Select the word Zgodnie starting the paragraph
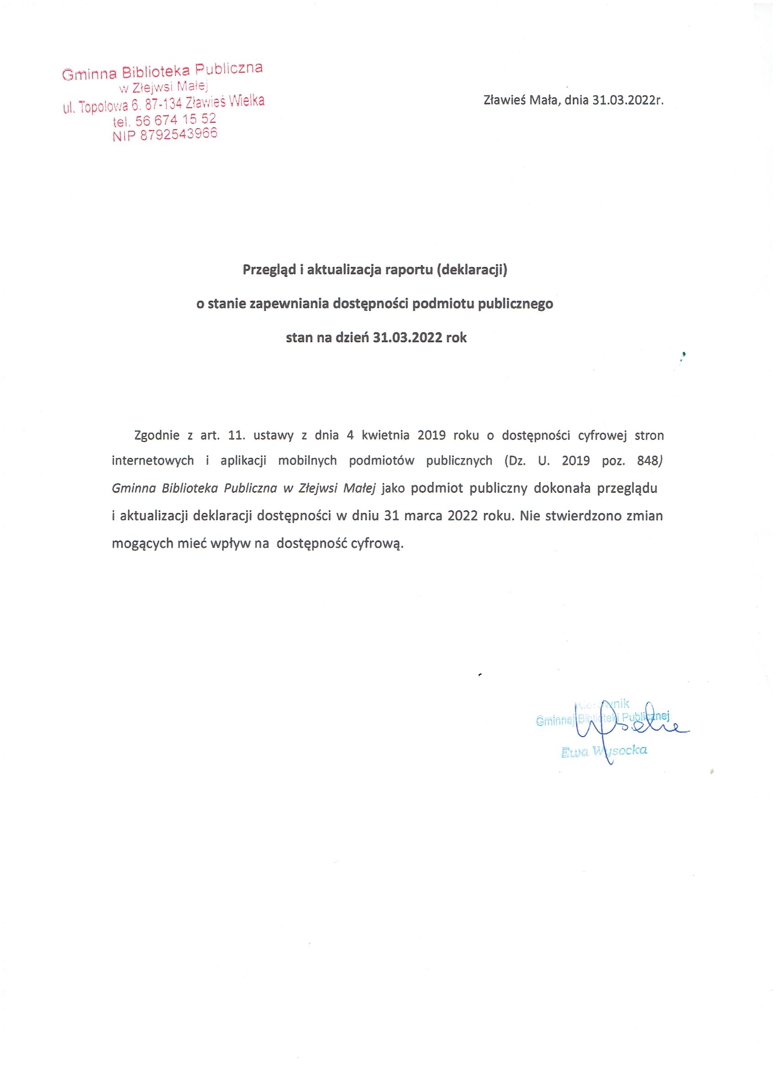click(157, 435)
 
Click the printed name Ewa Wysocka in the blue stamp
click(604, 751)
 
